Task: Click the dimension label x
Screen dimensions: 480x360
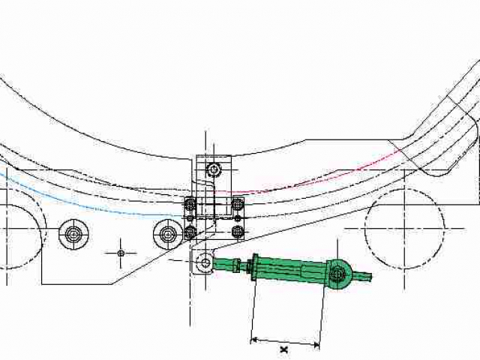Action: coord(284,349)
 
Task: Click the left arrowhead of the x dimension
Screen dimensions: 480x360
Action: coord(253,340)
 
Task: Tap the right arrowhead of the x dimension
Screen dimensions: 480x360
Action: coord(316,346)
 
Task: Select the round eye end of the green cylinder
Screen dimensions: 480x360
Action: coord(338,274)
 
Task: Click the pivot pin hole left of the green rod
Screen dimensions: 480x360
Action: coord(205,262)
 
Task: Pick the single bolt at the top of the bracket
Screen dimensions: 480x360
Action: coord(214,169)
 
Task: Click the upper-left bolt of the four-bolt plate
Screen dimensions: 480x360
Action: coord(190,204)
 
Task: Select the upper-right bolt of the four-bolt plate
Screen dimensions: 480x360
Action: coord(237,204)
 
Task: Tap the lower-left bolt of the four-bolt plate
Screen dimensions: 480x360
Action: coord(190,232)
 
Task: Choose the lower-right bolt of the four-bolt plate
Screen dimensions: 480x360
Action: coord(237,232)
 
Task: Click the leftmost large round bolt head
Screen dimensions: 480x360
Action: coord(73,235)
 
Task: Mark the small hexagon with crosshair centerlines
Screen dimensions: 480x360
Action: coord(121,253)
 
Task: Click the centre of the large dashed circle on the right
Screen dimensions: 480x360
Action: coord(405,228)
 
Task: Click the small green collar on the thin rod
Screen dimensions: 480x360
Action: coord(235,265)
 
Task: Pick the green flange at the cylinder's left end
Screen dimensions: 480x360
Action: coord(255,267)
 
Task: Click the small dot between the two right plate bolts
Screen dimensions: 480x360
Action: coord(238,218)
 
